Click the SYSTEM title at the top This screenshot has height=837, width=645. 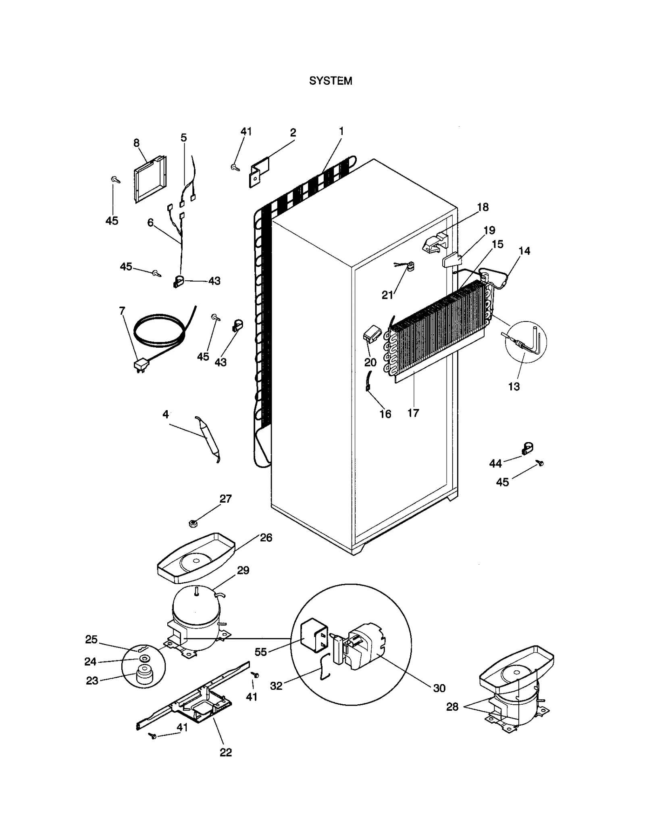(x=330, y=81)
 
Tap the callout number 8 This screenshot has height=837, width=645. (x=136, y=142)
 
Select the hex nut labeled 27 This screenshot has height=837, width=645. (x=193, y=524)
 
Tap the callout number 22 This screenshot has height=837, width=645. (x=226, y=752)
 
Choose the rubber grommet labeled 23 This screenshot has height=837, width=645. (x=144, y=678)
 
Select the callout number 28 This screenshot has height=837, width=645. (x=452, y=706)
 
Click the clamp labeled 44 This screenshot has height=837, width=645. (x=526, y=448)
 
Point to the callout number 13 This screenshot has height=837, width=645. (x=514, y=386)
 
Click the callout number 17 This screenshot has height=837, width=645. (x=413, y=413)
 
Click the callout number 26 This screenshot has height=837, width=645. (x=266, y=537)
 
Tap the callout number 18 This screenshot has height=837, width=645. (x=483, y=207)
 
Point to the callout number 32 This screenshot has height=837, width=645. (x=276, y=686)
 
